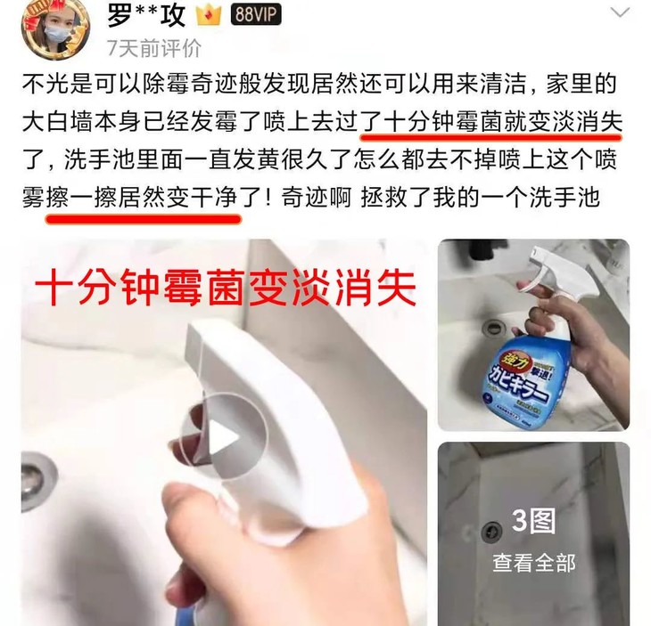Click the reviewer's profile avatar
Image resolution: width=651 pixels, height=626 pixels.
(54, 26)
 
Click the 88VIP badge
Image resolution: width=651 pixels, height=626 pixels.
(257, 14)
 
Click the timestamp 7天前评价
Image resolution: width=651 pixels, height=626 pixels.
(152, 46)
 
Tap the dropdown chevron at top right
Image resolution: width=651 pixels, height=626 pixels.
(618, 13)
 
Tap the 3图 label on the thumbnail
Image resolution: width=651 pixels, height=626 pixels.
(533, 521)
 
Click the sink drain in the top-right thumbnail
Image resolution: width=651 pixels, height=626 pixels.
(493, 327)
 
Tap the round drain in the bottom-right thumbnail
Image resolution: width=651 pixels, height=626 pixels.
(491, 532)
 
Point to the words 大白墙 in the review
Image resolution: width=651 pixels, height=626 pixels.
(53, 125)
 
